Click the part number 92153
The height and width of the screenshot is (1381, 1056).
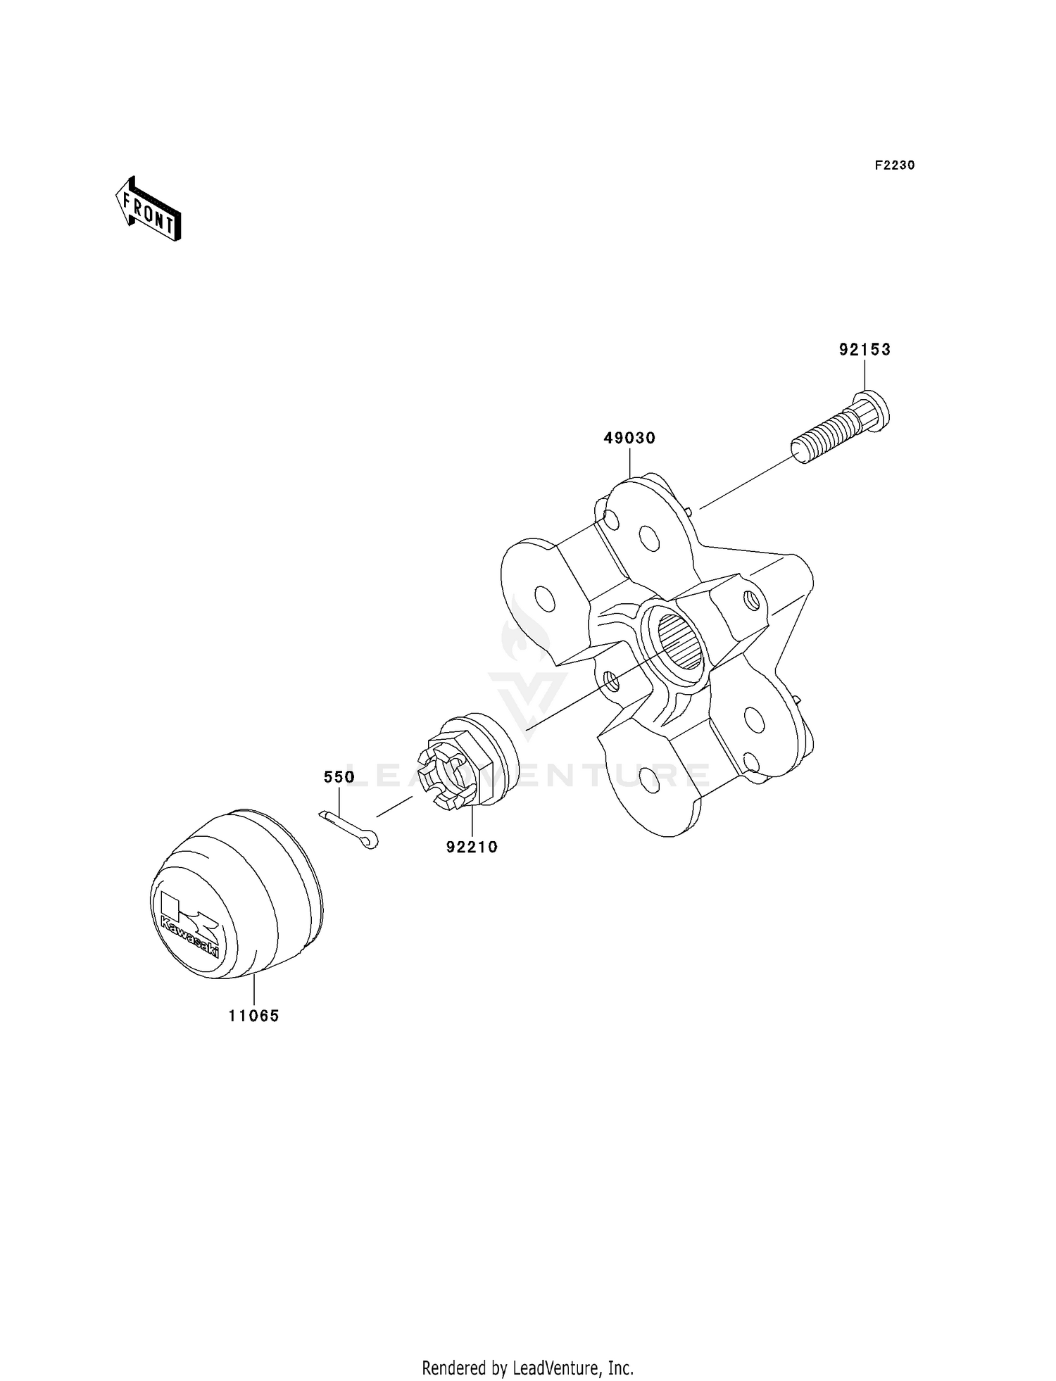tap(864, 350)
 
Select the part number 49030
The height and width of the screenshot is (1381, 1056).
tap(629, 438)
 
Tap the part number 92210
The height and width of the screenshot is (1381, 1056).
tap(472, 847)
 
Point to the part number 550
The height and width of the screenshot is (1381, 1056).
tap(339, 777)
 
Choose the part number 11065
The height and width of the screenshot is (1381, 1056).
tap(253, 1016)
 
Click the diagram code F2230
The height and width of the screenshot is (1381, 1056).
tap(894, 165)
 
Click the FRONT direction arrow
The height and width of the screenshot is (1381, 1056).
tap(149, 209)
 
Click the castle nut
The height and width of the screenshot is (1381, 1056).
tap(451, 774)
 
